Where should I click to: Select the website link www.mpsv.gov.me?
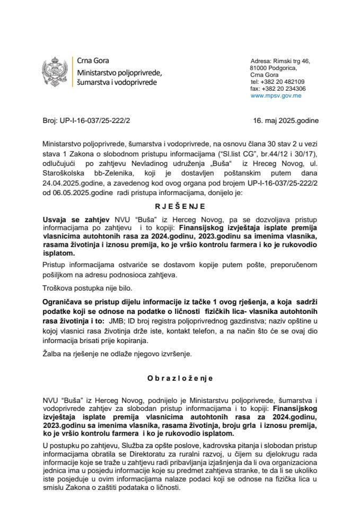[x=276, y=96]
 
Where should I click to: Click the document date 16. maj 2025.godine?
[x=286, y=120]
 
